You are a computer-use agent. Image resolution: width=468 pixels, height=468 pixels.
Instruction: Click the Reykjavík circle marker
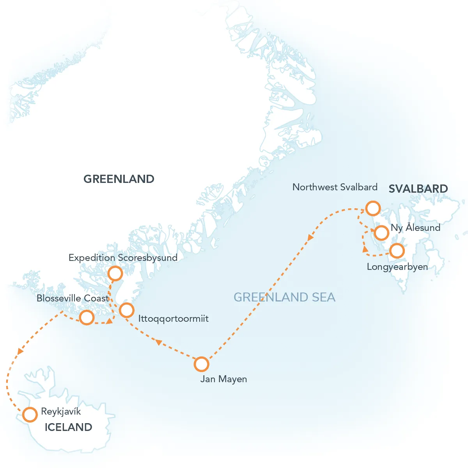point(30,415)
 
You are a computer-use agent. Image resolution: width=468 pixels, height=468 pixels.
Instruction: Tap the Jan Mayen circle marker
point(201,364)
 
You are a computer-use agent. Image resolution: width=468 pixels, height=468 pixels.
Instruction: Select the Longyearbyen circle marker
point(397,251)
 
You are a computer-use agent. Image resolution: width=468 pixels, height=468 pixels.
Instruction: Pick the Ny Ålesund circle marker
point(381,233)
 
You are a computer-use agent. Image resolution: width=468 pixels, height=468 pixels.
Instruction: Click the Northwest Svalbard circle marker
point(373,208)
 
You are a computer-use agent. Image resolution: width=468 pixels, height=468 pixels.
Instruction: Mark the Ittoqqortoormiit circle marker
point(126,310)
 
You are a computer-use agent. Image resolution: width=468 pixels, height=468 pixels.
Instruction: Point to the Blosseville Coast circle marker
point(87,317)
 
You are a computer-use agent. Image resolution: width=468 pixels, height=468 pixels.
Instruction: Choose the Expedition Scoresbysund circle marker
point(115,273)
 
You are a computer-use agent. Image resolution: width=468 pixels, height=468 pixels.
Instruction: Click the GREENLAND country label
point(119,179)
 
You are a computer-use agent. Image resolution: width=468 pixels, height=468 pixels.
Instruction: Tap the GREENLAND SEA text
point(284,297)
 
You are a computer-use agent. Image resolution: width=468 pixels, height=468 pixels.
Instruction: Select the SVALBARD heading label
point(418,189)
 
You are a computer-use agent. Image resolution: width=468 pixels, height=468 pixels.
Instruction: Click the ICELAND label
point(68,427)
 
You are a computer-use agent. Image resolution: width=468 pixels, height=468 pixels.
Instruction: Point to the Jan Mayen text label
point(223,379)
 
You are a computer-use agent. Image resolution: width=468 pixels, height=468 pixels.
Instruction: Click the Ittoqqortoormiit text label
point(174,319)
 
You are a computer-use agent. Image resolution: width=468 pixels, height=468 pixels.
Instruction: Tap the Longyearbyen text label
point(397,267)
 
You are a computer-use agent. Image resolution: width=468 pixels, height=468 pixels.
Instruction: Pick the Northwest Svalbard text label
point(335,187)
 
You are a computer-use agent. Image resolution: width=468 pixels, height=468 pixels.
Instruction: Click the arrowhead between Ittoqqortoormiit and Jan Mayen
point(158,342)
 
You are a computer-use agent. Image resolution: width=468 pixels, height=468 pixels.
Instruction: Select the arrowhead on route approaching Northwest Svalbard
point(310,237)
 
